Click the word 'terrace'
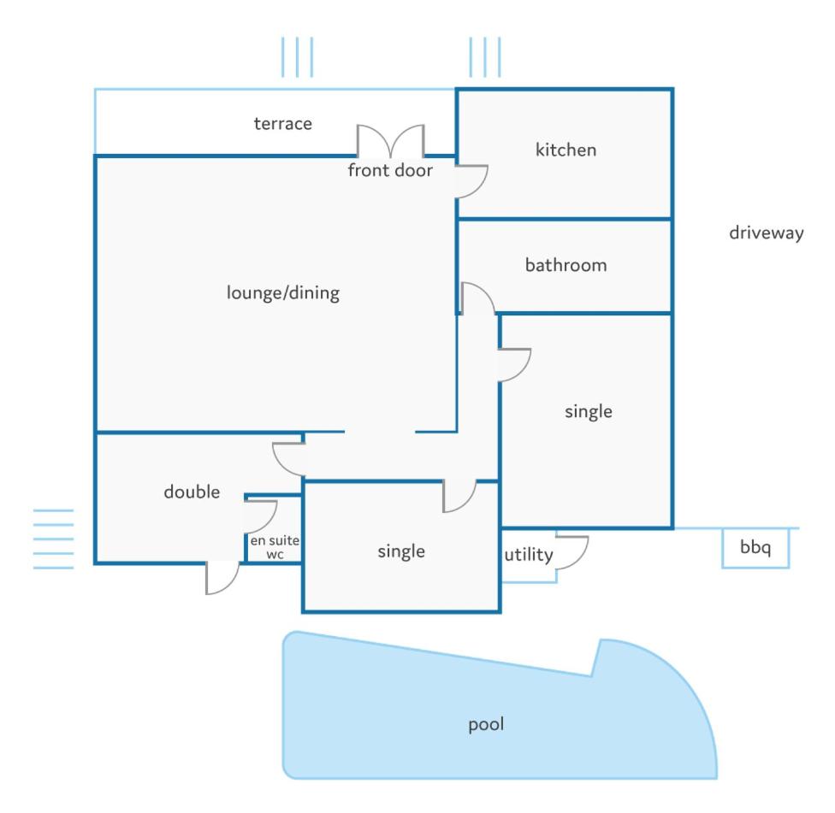click(283, 123)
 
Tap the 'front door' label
click(390, 170)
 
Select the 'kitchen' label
click(566, 150)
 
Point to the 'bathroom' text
click(566, 265)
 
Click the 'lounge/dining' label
click(283, 292)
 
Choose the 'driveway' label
click(767, 233)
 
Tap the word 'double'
click(192, 492)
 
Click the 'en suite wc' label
click(275, 547)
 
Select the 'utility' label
click(529, 555)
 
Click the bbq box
click(755, 548)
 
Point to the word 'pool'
click(486, 724)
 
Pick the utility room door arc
click(580, 559)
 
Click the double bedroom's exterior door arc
click(231, 584)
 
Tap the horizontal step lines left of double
click(53, 539)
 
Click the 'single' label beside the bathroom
click(588, 411)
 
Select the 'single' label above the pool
click(401, 551)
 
